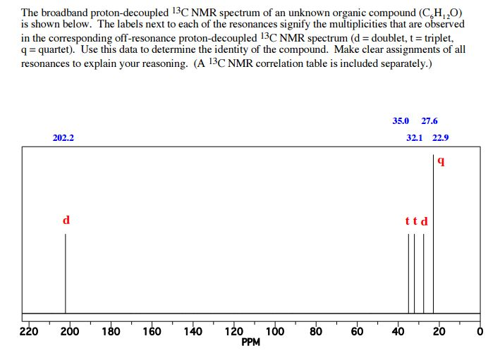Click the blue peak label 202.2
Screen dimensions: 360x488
[63, 138]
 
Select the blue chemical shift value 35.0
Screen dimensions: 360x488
[401, 121]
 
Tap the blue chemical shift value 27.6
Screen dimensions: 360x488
[429, 121]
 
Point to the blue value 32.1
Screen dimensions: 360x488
[415, 138]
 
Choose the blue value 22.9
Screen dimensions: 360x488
[441, 138]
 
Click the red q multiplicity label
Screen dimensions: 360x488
[441, 161]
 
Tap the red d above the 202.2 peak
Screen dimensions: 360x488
[66, 221]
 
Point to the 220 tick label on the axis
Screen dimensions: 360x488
[28, 332]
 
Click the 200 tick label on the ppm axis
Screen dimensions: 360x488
[70, 332]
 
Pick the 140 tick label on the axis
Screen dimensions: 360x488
[193, 332]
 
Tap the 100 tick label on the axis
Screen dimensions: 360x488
[275, 332]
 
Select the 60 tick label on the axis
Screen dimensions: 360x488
[357, 332]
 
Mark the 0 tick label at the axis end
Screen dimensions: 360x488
[480, 332]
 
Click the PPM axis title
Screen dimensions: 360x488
[250, 342]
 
